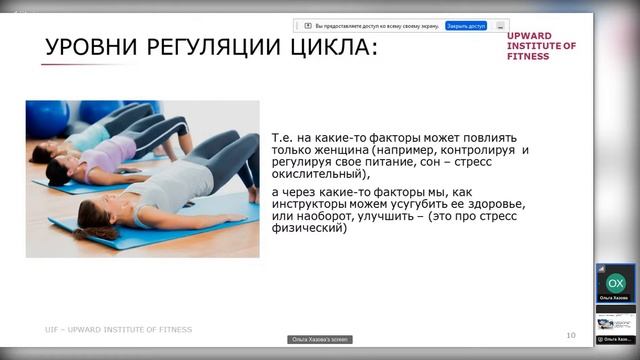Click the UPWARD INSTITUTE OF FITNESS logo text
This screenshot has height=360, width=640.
[541, 46]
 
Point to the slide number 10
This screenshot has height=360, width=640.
[570, 334]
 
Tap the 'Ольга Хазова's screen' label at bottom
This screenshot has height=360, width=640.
[320, 340]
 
